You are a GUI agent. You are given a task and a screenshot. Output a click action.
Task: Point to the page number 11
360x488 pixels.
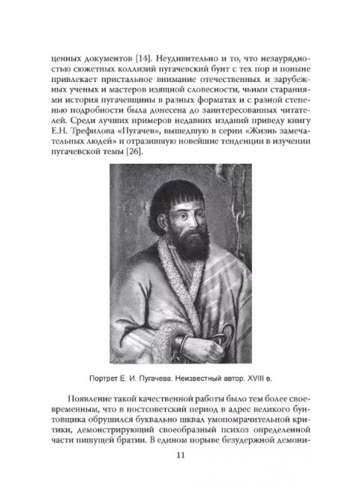point(179,474)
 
